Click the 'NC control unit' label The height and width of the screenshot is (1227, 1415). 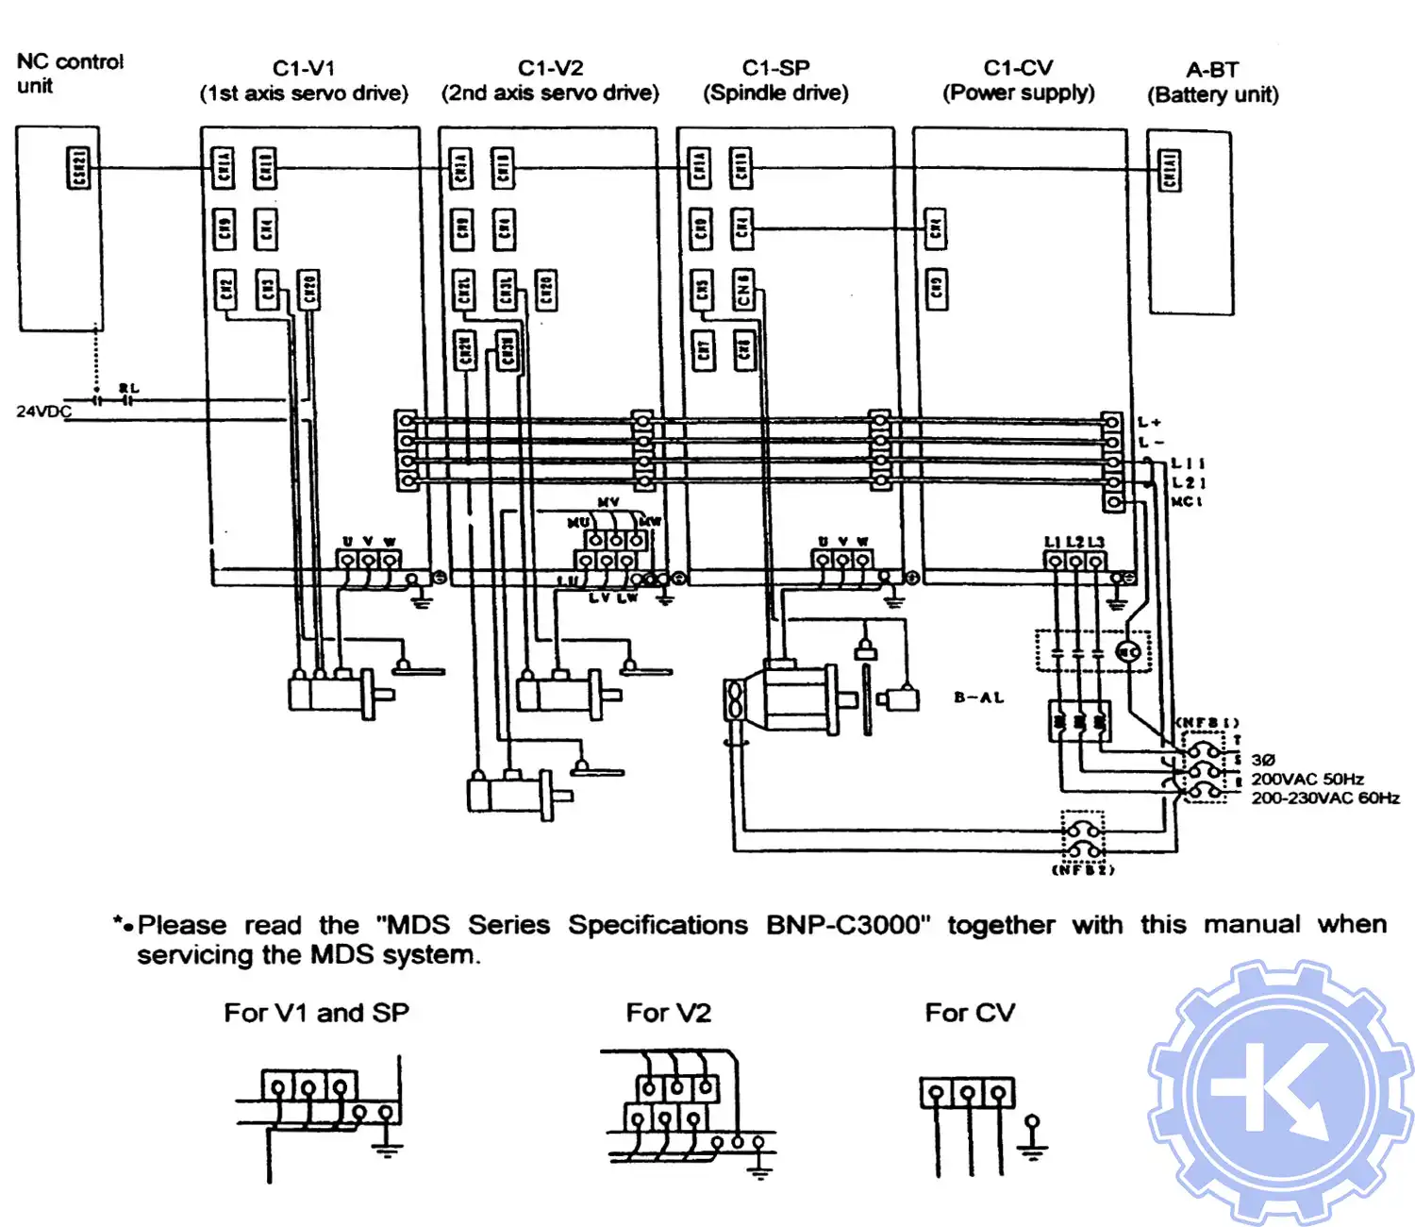[x=69, y=74]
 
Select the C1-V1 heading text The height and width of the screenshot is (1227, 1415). [x=304, y=68]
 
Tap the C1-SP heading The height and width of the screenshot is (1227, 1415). [x=775, y=68]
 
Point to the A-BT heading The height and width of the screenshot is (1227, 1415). [x=1212, y=70]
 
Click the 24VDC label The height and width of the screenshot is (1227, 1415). [x=43, y=412]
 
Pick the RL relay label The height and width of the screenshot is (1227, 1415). [x=129, y=388]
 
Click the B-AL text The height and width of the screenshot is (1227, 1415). [x=978, y=698]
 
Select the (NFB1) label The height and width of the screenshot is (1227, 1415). [x=1207, y=723]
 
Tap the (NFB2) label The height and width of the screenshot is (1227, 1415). [x=1083, y=869]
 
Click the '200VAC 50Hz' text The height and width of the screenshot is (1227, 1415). [x=1307, y=779]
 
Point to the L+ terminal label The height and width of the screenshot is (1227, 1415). [x=1150, y=422]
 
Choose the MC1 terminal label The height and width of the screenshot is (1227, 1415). [x=1187, y=501]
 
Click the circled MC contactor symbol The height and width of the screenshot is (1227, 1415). [x=1128, y=651]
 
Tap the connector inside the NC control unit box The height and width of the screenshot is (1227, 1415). [x=79, y=168]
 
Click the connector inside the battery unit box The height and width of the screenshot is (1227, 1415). [x=1170, y=170]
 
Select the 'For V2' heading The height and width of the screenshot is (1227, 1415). [x=668, y=1013]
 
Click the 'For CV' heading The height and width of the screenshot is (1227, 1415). [x=970, y=1013]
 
